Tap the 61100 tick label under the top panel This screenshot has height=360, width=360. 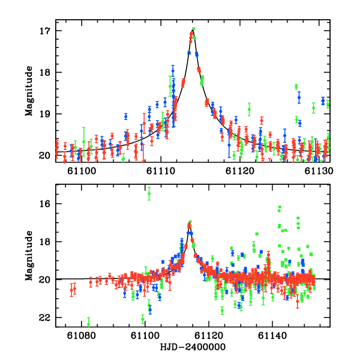(80, 172)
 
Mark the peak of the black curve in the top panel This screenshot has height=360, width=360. (193, 28)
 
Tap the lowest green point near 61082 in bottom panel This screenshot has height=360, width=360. (89, 324)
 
